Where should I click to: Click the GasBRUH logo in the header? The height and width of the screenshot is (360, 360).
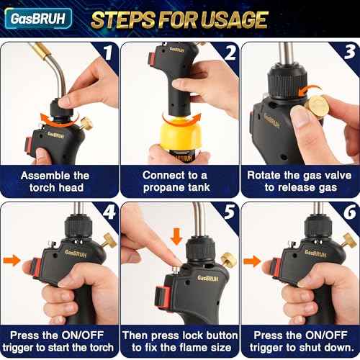pyautogui.click(x=36, y=19)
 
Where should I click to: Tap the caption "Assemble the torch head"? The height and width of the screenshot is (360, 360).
pyautogui.click(x=55, y=181)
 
